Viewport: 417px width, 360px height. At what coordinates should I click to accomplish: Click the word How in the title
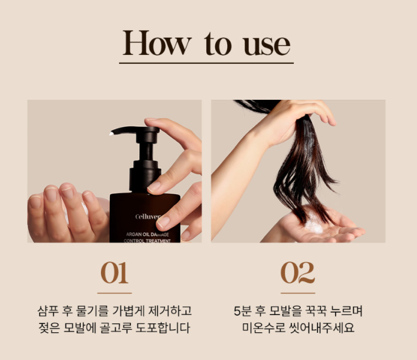point(157,42)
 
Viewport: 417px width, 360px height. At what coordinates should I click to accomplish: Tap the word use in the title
point(267,45)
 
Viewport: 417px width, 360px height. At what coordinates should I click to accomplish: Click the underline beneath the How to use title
point(206,63)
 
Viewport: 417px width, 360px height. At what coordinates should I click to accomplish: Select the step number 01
point(114,273)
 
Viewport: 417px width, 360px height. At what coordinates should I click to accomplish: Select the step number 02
point(298,273)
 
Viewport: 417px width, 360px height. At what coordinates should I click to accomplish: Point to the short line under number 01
point(114,293)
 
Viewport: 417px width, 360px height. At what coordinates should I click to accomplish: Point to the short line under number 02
point(298,293)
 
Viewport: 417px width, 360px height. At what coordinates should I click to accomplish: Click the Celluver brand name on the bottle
point(147,217)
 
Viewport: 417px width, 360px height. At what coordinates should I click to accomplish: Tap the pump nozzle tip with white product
point(111,133)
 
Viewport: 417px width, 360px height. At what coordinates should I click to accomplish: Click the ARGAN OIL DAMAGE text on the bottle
point(147,234)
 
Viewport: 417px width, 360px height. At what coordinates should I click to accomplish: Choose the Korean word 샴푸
point(48,311)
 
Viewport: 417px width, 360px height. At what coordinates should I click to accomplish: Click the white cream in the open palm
point(314,225)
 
